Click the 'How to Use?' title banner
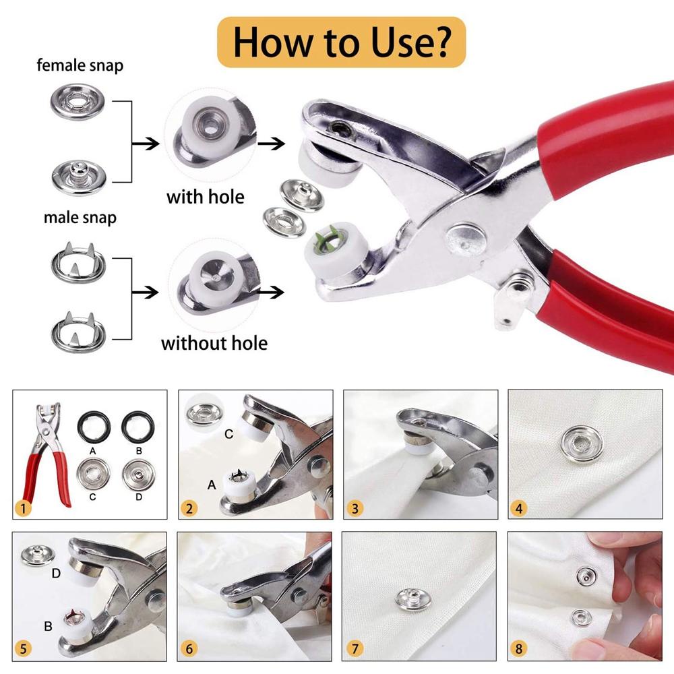click(341, 42)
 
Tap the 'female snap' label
click(80, 65)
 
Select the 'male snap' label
click(80, 218)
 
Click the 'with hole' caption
click(206, 197)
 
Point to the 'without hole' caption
click(214, 343)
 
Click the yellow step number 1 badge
click(23, 508)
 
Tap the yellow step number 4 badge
click(519, 508)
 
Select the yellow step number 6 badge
click(189, 648)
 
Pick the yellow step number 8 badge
click(519, 648)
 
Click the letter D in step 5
click(56, 574)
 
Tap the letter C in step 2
click(228, 434)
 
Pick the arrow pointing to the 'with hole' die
click(146, 144)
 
